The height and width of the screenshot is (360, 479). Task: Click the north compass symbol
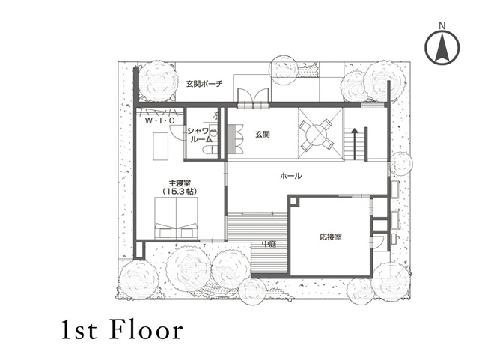point(442,47)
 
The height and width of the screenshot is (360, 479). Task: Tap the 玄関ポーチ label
point(204,83)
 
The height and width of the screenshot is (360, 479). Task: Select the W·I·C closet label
point(159,121)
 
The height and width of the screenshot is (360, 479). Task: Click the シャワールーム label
point(200,135)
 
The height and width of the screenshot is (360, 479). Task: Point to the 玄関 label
point(263,134)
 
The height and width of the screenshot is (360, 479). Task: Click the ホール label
point(290,176)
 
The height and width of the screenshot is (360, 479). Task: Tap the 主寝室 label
point(180,183)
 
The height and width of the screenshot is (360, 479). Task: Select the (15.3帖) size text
point(180,192)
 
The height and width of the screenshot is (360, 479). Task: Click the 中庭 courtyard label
point(269,244)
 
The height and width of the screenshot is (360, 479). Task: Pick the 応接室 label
point(331,237)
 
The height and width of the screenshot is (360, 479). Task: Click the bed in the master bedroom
point(176,218)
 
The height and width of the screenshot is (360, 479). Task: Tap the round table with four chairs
point(316,135)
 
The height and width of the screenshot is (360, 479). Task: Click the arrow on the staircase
point(354,144)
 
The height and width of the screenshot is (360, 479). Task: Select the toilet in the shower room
point(210,150)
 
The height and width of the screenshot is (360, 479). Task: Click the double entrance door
point(253,95)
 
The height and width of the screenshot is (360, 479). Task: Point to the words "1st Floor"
point(122,330)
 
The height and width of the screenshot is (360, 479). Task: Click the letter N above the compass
point(442,26)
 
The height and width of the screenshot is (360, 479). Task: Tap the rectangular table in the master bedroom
point(161,146)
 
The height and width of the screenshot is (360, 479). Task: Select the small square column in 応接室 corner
point(293,201)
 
